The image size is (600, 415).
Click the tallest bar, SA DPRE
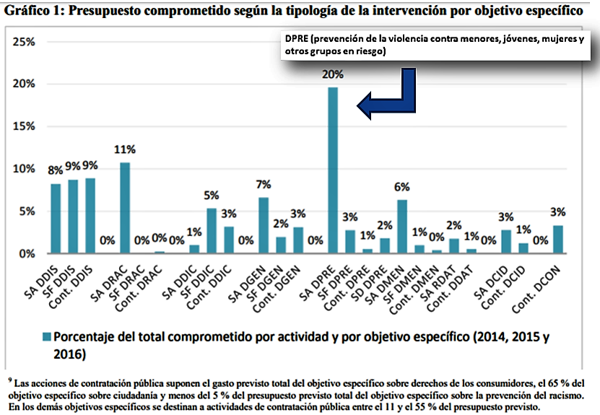pyautogui.click(x=333, y=170)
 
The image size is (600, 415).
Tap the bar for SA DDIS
pyautogui.click(x=56, y=219)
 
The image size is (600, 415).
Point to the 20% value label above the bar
pyautogui.click(x=334, y=74)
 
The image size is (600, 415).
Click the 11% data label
pyautogui.click(x=125, y=150)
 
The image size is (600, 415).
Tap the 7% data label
pyautogui.click(x=264, y=185)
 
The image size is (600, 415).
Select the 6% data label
pyautogui.click(x=402, y=186)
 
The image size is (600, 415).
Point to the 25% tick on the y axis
pyautogui.click(x=24, y=42)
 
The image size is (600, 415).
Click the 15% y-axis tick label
pyautogui.click(x=24, y=126)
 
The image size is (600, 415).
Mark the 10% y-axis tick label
pyautogui.click(x=24, y=169)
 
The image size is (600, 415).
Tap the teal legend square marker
pyautogui.click(x=47, y=337)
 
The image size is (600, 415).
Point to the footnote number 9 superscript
pyautogui.click(x=8, y=377)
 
